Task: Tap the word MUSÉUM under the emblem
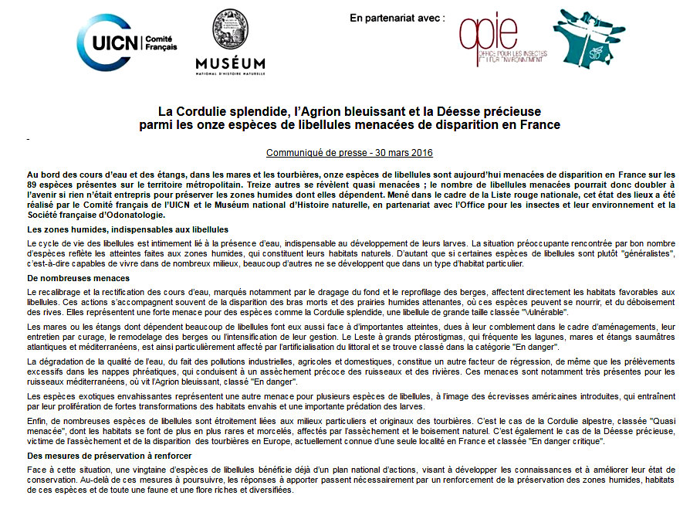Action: (230, 63)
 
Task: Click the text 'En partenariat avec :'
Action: (397, 17)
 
